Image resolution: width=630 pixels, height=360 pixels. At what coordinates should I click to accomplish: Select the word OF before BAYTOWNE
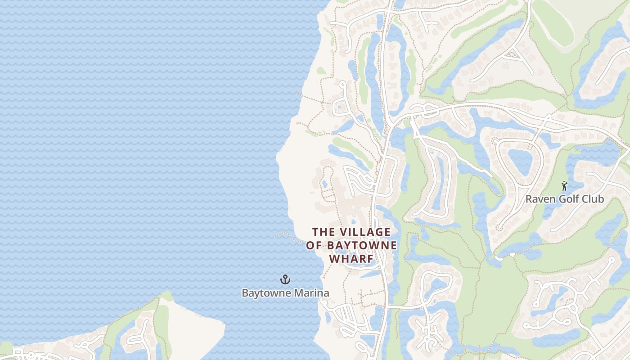pos(314,245)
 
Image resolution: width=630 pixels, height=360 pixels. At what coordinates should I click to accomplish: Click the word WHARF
pos(351,259)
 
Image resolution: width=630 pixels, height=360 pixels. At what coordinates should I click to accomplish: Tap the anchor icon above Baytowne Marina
pos(285,280)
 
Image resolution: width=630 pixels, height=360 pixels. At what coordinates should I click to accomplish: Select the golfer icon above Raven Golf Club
pos(564,185)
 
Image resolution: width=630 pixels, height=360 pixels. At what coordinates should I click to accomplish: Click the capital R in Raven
pos(529,199)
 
